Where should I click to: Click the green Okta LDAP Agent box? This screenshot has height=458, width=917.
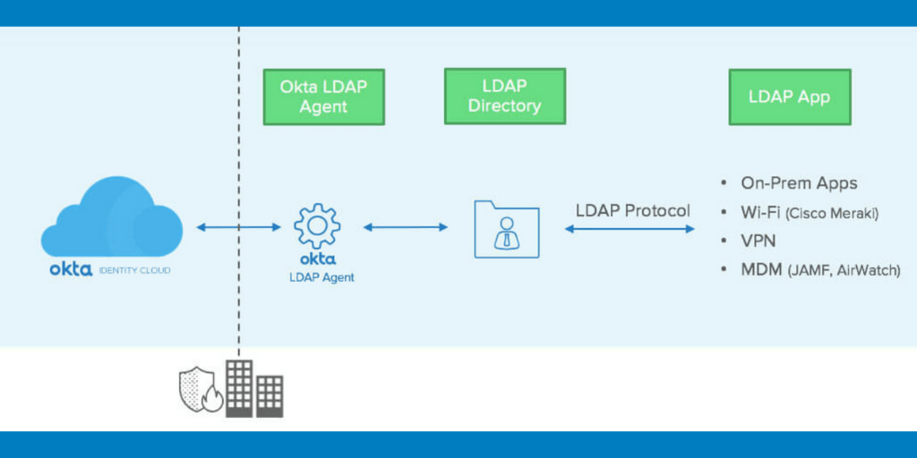click(x=323, y=97)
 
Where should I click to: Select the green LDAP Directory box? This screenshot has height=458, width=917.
click(x=505, y=97)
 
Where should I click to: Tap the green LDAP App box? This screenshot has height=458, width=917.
click(x=788, y=97)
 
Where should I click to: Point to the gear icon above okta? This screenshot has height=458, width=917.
click(x=316, y=227)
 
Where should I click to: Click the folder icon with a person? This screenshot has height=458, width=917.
click(x=507, y=229)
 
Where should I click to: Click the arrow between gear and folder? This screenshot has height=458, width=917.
click(x=405, y=227)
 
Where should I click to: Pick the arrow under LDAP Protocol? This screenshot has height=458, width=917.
click(x=630, y=230)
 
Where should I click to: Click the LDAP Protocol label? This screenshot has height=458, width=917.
click(x=632, y=210)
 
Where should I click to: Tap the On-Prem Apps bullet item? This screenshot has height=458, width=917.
click(x=798, y=183)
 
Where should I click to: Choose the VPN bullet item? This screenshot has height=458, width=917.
click(x=758, y=241)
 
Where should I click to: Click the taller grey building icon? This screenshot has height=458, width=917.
click(x=239, y=387)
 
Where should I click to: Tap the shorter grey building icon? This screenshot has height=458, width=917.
click(x=270, y=395)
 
